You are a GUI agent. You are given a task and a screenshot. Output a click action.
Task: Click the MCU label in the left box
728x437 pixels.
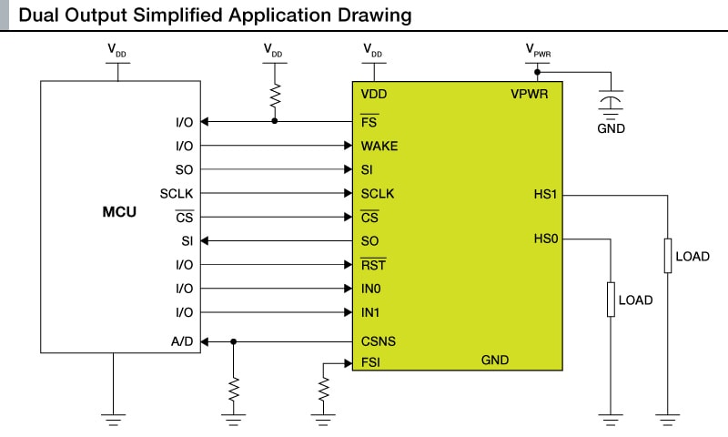coord(119,213)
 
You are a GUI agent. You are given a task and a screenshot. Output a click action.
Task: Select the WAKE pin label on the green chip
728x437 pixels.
coord(379,146)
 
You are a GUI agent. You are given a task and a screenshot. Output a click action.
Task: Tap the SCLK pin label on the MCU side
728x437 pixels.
coord(177,193)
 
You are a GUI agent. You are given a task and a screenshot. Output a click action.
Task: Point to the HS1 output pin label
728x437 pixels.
coord(546,194)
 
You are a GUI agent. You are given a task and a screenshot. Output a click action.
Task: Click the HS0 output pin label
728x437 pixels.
coord(546,239)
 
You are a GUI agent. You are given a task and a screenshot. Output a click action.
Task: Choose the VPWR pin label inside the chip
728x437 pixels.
coord(529,95)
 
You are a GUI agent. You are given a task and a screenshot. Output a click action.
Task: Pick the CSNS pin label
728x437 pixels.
coord(378,342)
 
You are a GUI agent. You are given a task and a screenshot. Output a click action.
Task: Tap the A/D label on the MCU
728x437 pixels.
coord(181,341)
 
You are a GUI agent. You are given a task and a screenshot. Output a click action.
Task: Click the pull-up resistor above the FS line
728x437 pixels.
coord(275,96)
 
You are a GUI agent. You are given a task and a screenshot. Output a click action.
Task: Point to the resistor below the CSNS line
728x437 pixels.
coord(234,389)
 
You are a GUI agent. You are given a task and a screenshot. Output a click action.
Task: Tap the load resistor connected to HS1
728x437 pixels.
coord(668,257)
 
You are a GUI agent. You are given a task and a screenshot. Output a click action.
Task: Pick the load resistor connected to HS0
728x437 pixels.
coord(610,300)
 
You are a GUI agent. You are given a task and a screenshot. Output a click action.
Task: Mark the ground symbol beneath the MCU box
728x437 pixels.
coord(114,418)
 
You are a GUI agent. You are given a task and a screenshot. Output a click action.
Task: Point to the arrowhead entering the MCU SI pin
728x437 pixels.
coord(205,240)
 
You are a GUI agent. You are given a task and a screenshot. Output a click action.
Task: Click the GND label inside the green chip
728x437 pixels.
coord(494,361)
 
